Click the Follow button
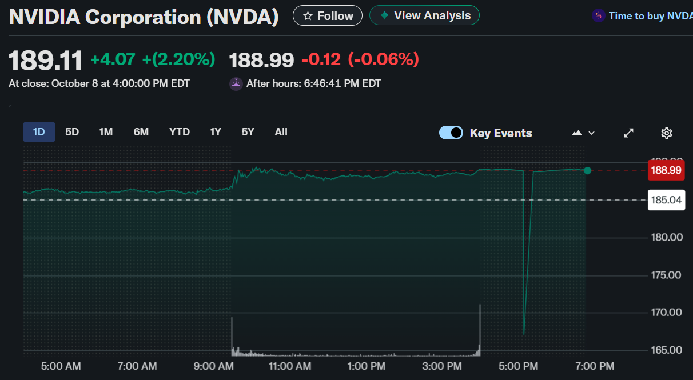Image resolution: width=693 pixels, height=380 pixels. tap(327, 16)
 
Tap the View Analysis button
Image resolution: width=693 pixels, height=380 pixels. tap(424, 15)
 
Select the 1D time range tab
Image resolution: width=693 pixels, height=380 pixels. tap(39, 132)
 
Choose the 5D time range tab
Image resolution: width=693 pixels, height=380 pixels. tap(72, 132)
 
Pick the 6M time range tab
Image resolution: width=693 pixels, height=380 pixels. tap(141, 132)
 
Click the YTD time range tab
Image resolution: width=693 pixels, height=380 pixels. tap(180, 132)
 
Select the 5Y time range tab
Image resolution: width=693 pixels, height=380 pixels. tap(248, 132)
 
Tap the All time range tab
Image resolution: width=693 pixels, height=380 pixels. tap(281, 132)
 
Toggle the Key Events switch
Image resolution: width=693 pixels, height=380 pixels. tap(451, 133)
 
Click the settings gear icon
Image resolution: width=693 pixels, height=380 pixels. tap(666, 133)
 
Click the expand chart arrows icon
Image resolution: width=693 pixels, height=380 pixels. tap(628, 133)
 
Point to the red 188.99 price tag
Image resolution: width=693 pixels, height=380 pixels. tap(666, 170)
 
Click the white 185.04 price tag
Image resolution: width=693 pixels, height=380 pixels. tap(666, 200)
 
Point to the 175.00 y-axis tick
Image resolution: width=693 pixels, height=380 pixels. tap(667, 275)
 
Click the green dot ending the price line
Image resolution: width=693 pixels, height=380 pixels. tap(587, 170)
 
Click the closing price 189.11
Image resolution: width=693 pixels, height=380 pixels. tap(46, 60)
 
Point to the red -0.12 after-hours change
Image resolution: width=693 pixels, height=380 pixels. tap(321, 59)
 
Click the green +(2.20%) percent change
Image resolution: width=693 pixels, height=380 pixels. tap(178, 59)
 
